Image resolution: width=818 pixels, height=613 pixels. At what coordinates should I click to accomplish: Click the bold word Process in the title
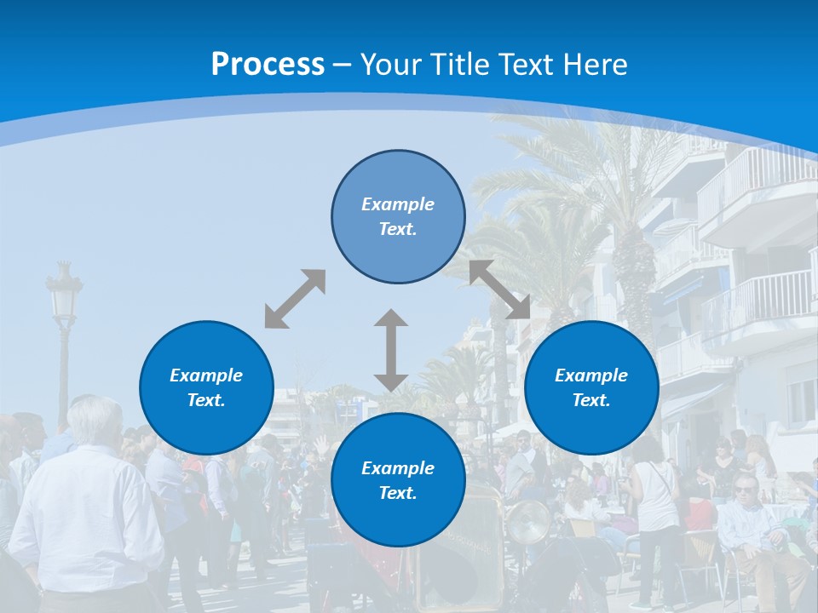pyautogui.click(x=268, y=65)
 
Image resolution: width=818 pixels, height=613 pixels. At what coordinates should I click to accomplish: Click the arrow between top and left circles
pyautogui.click(x=295, y=299)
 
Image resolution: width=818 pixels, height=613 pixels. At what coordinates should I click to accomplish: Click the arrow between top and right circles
pyautogui.click(x=499, y=289)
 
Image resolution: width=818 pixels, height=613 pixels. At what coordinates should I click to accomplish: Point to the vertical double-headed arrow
pyautogui.click(x=391, y=350)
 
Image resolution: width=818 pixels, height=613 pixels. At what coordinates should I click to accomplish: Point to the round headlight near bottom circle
pyautogui.click(x=528, y=521)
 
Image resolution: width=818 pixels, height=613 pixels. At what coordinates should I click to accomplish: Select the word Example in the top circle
pyautogui.click(x=398, y=204)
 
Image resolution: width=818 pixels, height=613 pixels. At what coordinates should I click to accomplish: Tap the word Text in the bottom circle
pyautogui.click(x=395, y=493)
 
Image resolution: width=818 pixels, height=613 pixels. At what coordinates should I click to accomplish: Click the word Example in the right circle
pyautogui.click(x=591, y=375)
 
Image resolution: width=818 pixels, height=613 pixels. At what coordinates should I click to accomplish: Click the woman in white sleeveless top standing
pyautogui.click(x=656, y=502)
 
